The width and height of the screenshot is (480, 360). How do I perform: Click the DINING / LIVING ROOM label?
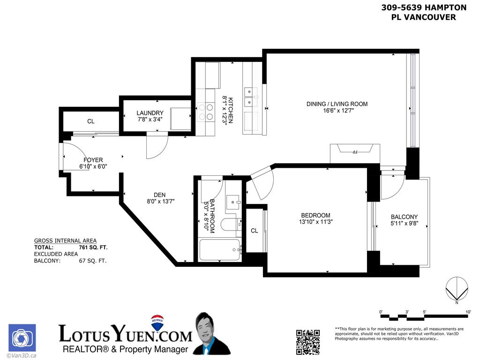tap(337, 104)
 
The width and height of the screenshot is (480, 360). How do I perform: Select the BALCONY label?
tap(404, 217)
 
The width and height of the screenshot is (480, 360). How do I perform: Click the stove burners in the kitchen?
tap(205, 112)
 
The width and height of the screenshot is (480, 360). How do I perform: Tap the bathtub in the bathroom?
tap(219, 250)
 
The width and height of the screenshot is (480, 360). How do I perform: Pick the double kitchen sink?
tap(250, 96)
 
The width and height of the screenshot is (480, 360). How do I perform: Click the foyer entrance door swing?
tap(70, 157)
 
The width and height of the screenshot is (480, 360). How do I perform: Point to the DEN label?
tap(159, 195)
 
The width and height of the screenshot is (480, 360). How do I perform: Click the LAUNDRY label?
tap(150, 113)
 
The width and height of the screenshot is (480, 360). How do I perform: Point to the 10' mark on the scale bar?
tap(468, 312)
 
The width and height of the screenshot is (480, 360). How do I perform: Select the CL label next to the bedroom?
tap(254, 231)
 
